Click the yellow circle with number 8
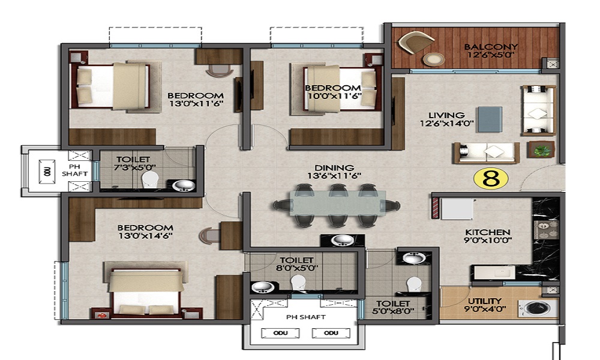tap(491, 178)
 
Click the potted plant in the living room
tap(541, 150)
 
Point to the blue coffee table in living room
tap(490, 120)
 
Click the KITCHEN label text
tap(487, 232)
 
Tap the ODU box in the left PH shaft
tap(47, 172)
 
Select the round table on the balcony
tap(433, 59)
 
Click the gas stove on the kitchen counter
tap(546, 229)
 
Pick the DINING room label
tap(334, 168)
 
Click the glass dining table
tap(337, 206)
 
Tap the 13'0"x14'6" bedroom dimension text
tap(145, 236)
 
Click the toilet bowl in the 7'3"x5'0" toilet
tap(149, 180)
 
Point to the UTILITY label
tap(485, 301)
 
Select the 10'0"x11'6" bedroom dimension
tap(334, 96)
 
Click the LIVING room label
tap(446, 115)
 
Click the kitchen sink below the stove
tap(495, 273)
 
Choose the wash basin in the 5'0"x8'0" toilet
tap(413, 258)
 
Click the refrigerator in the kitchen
tap(456, 209)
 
